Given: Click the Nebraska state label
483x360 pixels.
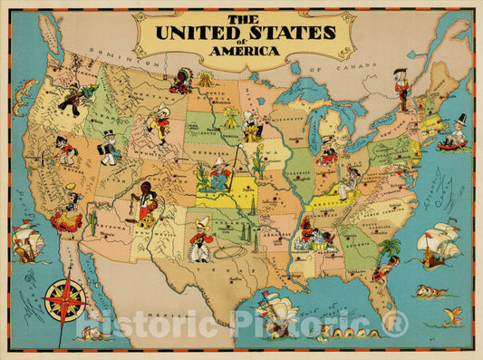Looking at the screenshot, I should tap(207, 151).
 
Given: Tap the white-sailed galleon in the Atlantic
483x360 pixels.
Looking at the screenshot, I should tap(435, 238).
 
